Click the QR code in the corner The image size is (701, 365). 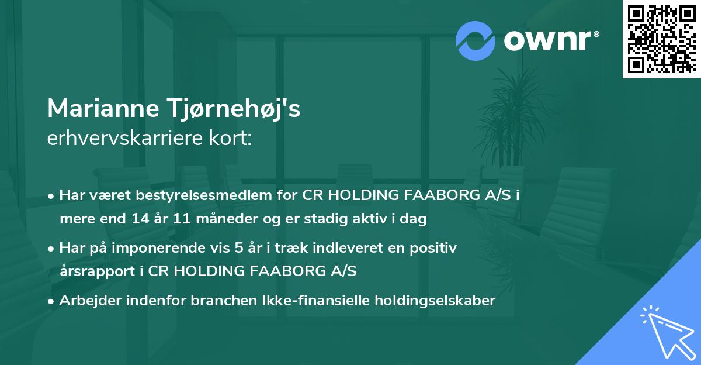[x=661, y=39]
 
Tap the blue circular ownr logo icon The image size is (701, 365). [x=475, y=40]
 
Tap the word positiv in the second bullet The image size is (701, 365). [x=435, y=248]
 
